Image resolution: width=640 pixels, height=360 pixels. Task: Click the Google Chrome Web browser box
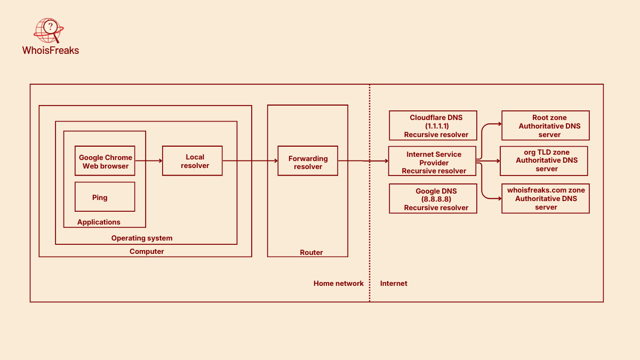click(105, 161)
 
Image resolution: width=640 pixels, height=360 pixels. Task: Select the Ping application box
click(105, 197)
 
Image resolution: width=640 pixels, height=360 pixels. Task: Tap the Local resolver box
click(193, 161)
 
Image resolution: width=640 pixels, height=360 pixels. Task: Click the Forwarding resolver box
click(308, 161)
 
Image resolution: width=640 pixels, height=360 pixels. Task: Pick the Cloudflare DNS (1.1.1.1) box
click(433, 125)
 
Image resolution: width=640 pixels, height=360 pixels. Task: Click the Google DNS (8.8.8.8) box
click(433, 199)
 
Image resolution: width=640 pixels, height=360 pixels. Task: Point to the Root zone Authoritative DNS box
click(546, 126)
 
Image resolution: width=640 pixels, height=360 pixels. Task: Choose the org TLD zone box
click(544, 161)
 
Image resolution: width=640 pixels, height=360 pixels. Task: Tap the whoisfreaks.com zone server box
click(546, 198)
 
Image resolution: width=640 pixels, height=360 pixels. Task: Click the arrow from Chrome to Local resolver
click(148, 161)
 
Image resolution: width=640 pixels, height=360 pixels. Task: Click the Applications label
click(99, 222)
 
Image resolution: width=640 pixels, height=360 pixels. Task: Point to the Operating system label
click(142, 238)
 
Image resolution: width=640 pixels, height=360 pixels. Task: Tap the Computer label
click(147, 251)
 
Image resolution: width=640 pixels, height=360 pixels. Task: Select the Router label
click(311, 252)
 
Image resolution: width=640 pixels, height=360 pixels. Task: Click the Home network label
click(339, 283)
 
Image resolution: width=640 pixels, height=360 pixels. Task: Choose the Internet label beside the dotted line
click(394, 283)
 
